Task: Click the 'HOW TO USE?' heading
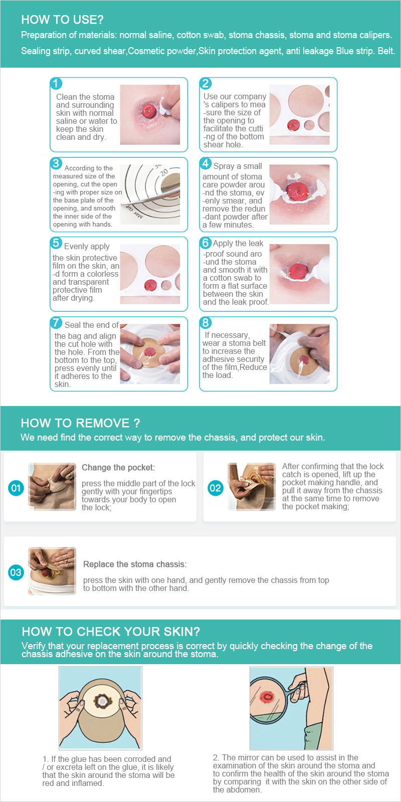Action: click(x=62, y=20)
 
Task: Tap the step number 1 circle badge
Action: click(x=56, y=83)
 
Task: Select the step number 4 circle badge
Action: click(x=206, y=163)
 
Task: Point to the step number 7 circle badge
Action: click(x=56, y=323)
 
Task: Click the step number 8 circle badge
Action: click(x=206, y=323)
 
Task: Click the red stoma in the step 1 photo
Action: click(x=148, y=111)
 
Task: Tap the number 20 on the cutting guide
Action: click(x=164, y=172)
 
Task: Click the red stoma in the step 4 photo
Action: click(x=298, y=191)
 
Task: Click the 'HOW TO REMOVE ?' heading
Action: click(x=80, y=423)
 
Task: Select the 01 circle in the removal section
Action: click(x=16, y=488)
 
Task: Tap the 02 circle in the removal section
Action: click(x=216, y=488)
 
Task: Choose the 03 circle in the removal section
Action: click(x=16, y=572)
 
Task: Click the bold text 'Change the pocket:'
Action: click(x=118, y=467)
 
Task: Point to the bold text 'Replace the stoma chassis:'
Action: click(x=135, y=564)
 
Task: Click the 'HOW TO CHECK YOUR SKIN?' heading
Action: click(x=111, y=631)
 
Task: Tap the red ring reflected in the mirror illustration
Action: click(x=266, y=696)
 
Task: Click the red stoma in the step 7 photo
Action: click(x=150, y=351)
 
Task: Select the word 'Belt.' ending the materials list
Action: click(x=386, y=51)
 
